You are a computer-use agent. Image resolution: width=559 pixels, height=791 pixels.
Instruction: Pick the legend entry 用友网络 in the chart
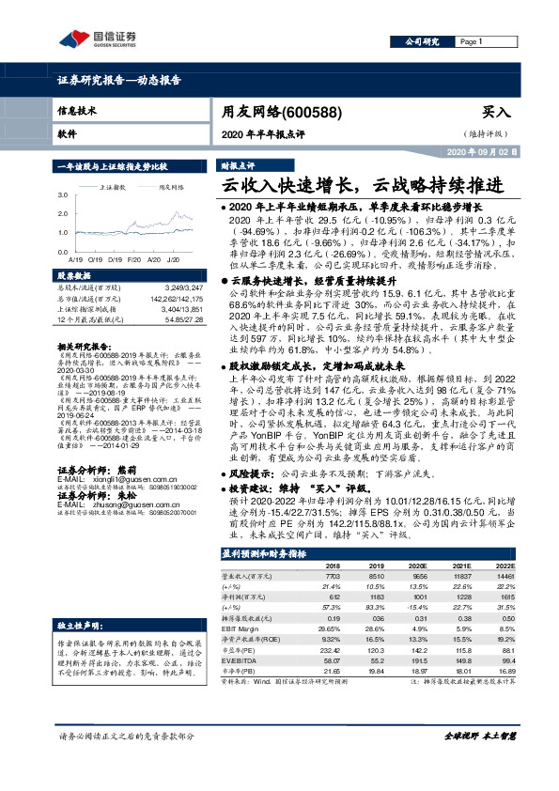click(171, 187)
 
